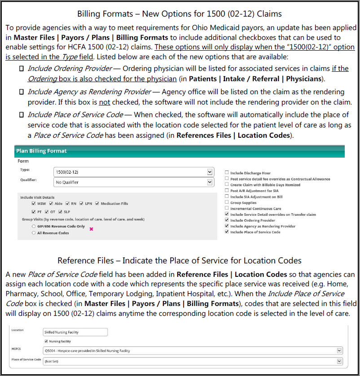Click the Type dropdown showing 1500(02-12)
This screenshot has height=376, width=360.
coord(133,172)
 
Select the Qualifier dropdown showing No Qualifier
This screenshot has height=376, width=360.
coord(133,182)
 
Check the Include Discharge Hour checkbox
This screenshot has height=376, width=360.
coord(227,173)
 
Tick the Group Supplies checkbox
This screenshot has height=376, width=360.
coord(227,202)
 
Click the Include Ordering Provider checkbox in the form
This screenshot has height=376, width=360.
coord(227,220)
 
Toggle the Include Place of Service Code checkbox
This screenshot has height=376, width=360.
coord(227,232)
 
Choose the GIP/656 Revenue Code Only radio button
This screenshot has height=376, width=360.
coord(34,227)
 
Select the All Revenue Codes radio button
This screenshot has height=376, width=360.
coord(34,233)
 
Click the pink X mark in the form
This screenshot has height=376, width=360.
coord(92,229)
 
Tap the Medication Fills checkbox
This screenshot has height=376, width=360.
coord(97,204)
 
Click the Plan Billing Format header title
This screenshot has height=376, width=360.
coord(41,151)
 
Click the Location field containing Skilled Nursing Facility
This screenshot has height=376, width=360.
coord(75,332)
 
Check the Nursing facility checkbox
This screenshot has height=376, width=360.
coord(46,341)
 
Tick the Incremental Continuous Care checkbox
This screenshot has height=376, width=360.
coord(227,209)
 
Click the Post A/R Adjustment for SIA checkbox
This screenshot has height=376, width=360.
coord(227,191)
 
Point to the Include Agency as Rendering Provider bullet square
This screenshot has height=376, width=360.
coord(21,92)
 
